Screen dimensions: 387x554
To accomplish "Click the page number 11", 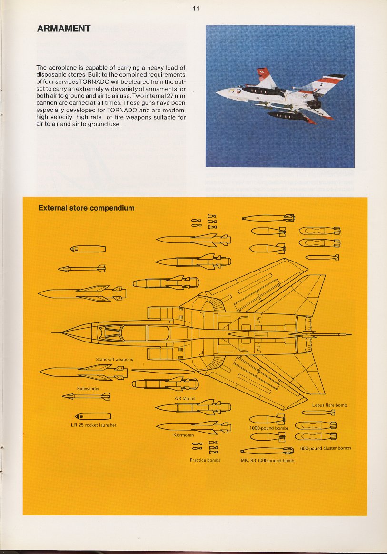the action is click(x=196, y=9).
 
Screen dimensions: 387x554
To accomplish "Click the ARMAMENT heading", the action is click(x=64, y=29).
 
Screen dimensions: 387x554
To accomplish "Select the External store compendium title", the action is click(x=87, y=208).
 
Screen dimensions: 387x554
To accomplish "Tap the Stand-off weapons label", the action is click(x=114, y=359).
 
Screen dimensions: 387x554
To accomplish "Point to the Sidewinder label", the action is click(x=88, y=389).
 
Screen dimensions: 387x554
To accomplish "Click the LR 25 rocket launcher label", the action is click(x=94, y=425).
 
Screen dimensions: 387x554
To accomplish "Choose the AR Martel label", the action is click(x=185, y=399).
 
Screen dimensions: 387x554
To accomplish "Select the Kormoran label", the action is click(x=184, y=435).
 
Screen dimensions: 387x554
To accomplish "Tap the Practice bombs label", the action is click(x=205, y=460).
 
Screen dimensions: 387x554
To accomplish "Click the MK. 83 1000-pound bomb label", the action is click(x=268, y=460).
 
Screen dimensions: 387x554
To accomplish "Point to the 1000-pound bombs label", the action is click(x=269, y=428).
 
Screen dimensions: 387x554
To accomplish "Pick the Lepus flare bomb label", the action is click(x=329, y=405).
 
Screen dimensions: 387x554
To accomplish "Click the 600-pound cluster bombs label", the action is click(x=326, y=448).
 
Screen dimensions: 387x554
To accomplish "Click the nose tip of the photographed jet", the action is click(x=217, y=93).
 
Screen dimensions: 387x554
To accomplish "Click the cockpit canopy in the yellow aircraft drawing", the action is click(x=134, y=333).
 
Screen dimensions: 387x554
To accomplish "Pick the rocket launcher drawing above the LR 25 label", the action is click(x=93, y=416).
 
